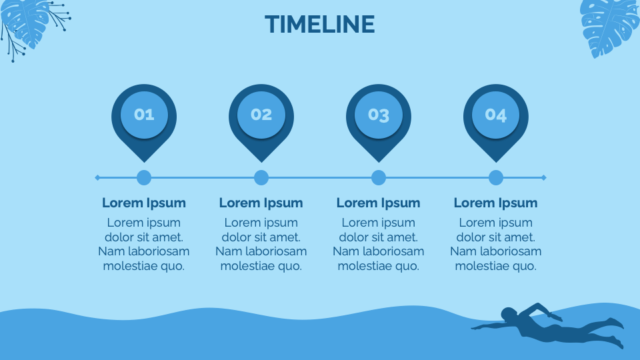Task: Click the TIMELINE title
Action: click(x=320, y=25)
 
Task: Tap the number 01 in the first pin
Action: click(x=144, y=115)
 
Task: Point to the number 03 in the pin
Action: click(x=379, y=115)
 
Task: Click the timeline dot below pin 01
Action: click(x=144, y=178)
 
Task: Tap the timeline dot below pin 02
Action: click(x=261, y=178)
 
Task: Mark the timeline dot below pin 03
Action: click(x=379, y=178)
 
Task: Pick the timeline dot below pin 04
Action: click(x=496, y=178)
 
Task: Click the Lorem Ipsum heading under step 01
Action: click(x=144, y=203)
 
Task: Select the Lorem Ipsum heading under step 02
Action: click(x=261, y=203)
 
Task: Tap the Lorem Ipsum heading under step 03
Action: click(x=379, y=203)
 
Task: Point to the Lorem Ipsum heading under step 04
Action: click(x=496, y=203)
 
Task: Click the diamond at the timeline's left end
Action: click(x=97, y=177)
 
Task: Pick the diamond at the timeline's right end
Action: click(x=544, y=177)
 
